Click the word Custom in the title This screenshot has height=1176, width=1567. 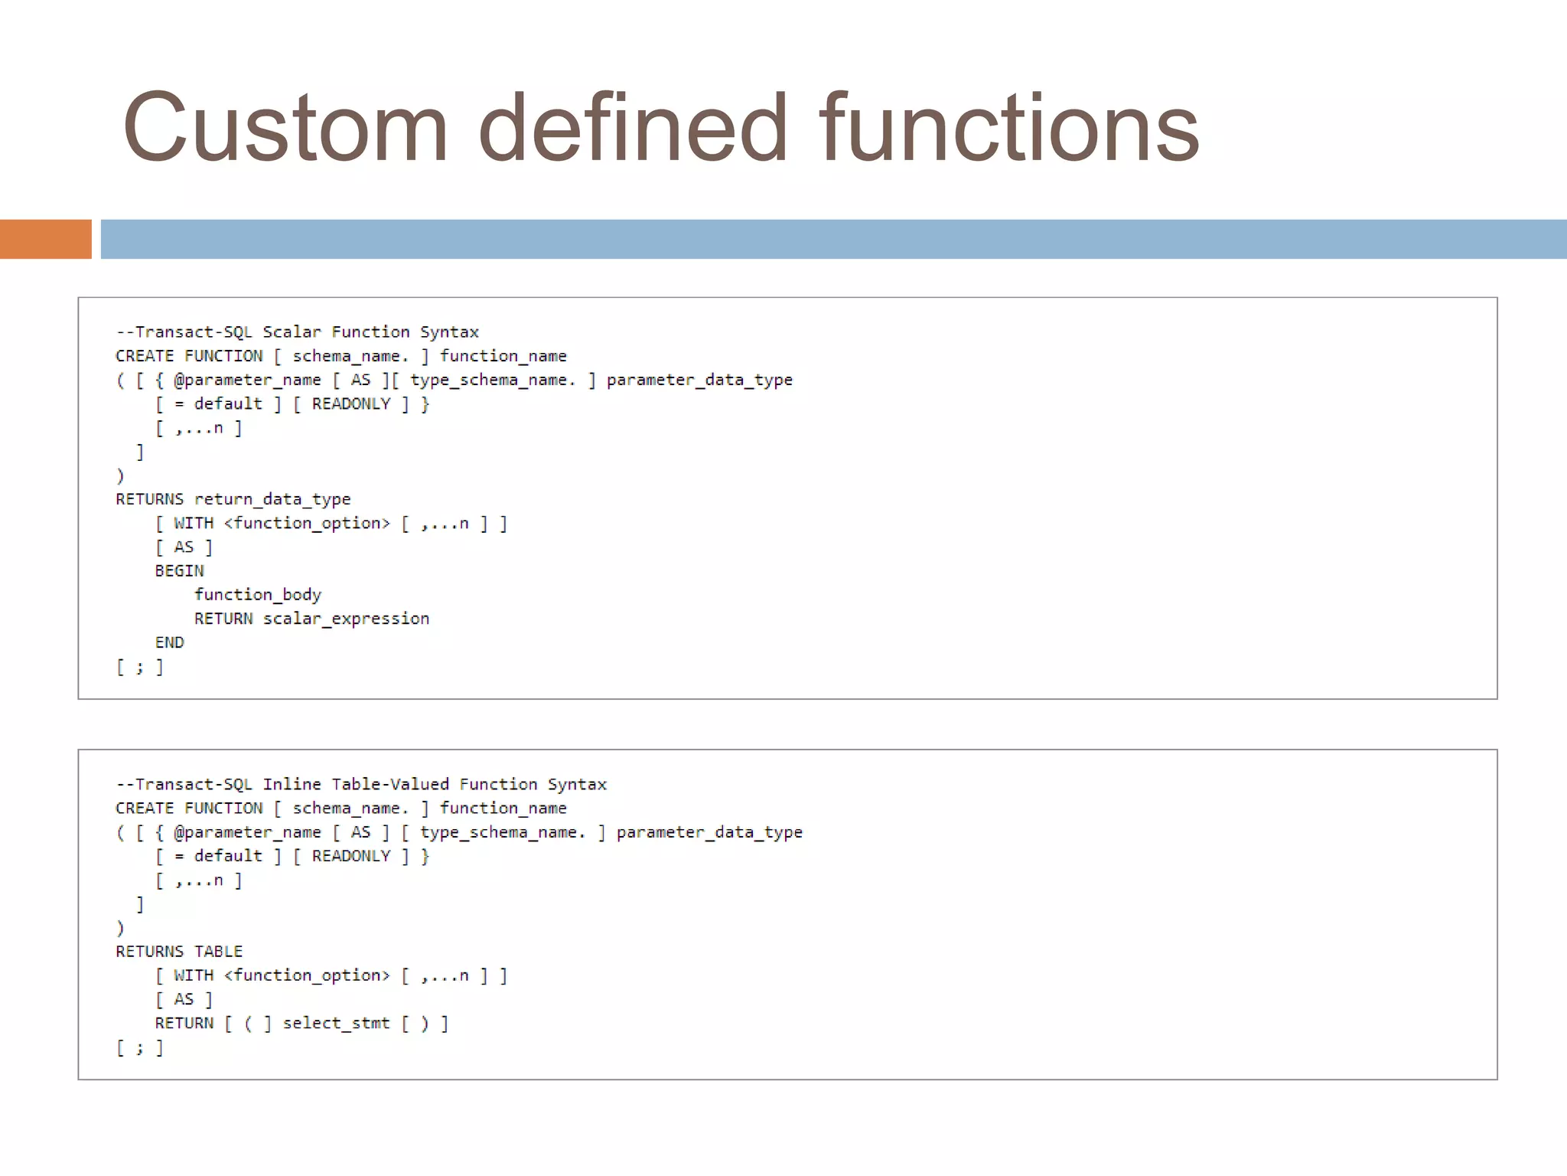(x=285, y=128)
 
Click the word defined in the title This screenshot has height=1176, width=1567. (x=633, y=128)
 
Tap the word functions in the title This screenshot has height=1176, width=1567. (x=1008, y=128)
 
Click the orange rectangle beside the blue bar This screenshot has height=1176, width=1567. (x=45, y=239)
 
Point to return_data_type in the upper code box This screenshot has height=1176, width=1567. (x=272, y=499)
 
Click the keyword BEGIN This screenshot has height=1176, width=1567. (x=180, y=571)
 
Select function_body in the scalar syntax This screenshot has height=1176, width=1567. (x=258, y=595)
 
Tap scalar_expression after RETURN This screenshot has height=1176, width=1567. (x=346, y=619)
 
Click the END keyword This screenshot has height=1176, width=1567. (x=169, y=642)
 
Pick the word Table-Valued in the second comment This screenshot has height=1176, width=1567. (x=390, y=785)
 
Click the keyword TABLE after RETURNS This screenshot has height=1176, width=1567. (x=218, y=952)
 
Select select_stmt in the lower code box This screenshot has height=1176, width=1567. (x=336, y=1024)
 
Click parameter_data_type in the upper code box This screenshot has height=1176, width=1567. (x=699, y=381)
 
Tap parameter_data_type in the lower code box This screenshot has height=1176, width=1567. (x=709, y=832)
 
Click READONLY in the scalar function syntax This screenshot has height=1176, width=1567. (x=351, y=404)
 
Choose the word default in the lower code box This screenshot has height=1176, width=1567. (x=228, y=856)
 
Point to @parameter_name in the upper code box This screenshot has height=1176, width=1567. (x=247, y=381)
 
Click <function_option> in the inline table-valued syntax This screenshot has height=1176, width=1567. (x=307, y=975)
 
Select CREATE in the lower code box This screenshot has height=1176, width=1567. (x=145, y=808)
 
